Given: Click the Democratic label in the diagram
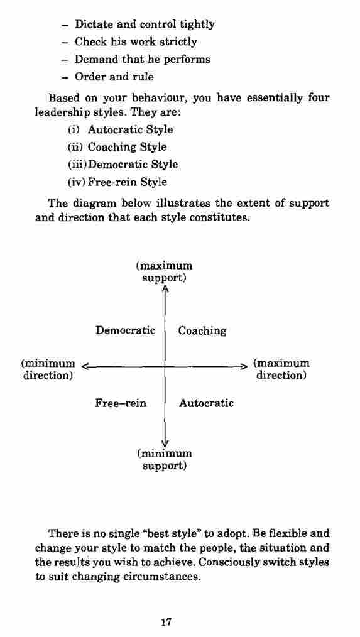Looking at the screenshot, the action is [x=125, y=330].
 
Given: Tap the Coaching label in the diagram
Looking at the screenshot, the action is [x=202, y=331].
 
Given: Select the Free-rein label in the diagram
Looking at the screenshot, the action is [x=121, y=403].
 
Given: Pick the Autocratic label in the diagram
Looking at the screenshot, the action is [x=206, y=403].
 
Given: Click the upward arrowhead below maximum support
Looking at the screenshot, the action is [x=165, y=288].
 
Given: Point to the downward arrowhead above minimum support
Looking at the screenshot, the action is [x=165, y=444].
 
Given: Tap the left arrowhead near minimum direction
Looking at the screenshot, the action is [x=85, y=366].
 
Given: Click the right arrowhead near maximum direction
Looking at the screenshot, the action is [x=243, y=366].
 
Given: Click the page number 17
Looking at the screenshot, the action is [x=165, y=622].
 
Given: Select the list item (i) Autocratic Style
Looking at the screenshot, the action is [x=120, y=130].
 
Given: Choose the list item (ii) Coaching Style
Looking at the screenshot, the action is [x=117, y=147].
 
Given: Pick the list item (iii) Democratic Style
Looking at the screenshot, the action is [x=123, y=165].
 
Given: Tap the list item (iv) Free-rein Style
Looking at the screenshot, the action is [x=117, y=182].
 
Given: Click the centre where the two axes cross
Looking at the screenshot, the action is [x=165, y=366].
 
